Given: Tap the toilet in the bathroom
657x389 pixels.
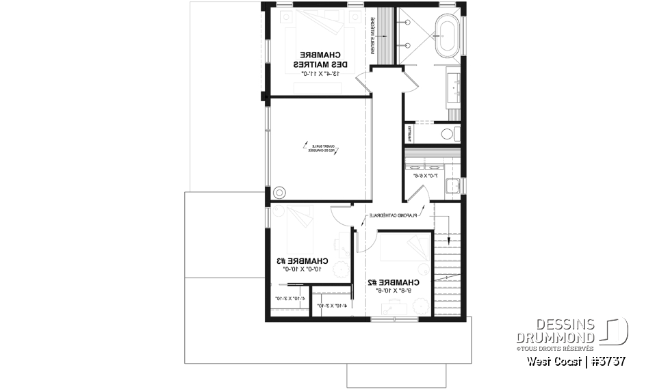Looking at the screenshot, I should tap(450, 133).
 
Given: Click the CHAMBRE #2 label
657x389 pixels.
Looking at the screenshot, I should tap(393, 282).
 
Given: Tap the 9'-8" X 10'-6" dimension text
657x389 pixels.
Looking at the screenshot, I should tap(393, 291).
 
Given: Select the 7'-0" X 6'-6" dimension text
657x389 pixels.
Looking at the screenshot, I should tap(426, 176).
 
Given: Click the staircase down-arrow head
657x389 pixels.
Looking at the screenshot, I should tap(450, 240).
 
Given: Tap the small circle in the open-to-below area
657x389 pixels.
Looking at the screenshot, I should tap(279, 192).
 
